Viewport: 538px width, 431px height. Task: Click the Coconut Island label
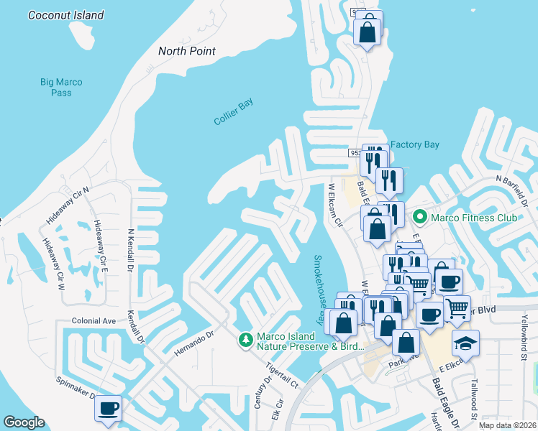coord(65,15)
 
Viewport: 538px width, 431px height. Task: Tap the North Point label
coord(187,51)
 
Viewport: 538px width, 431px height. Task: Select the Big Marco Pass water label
coord(61,88)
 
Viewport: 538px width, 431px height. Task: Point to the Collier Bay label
coord(234,113)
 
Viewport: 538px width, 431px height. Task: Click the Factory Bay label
coord(414,144)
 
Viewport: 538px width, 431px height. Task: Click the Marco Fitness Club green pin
coord(419,215)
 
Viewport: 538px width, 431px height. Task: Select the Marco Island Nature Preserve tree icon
coord(245,338)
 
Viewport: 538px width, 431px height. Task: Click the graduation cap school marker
coord(465,342)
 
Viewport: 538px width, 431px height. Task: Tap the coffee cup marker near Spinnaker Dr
coord(109,408)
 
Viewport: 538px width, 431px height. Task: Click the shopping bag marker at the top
coord(368,31)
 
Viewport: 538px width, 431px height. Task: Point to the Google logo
coord(24,422)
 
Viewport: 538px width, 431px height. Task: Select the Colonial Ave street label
coord(94,321)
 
